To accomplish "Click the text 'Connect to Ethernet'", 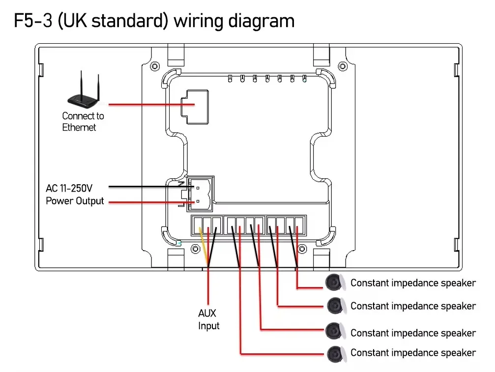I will coord(83,121).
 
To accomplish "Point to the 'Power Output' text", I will coord(75,201).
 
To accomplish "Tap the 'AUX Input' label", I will coord(208,319).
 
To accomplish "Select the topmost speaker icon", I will coord(334,282).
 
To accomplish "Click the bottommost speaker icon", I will coord(334,353).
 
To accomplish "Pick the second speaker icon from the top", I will coord(334,305).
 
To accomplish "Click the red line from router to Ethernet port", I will coord(143,105).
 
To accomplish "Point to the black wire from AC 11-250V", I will coord(143,187).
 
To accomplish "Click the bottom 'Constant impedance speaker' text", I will coord(413,353).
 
